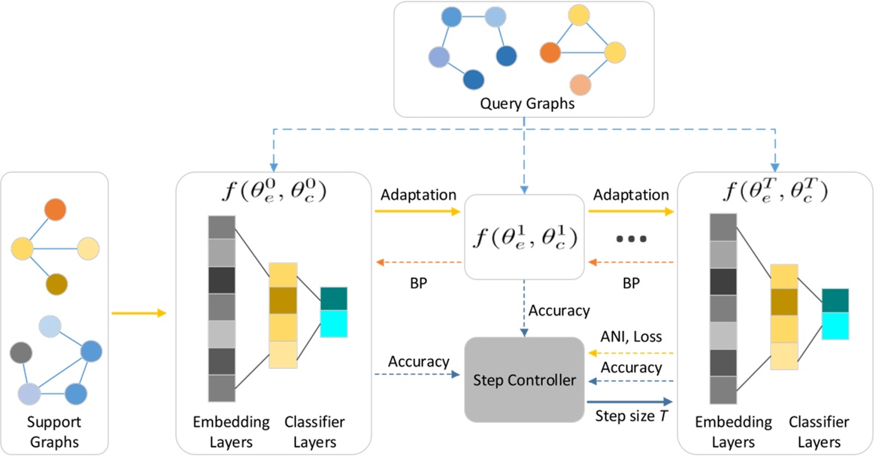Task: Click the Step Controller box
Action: [x=525, y=379]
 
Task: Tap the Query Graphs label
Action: [x=526, y=104]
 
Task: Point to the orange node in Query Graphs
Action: [x=550, y=52]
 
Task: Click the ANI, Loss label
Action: [x=630, y=337]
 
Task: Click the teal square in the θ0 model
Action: [x=333, y=299]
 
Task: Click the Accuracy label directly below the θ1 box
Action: [x=559, y=310]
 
